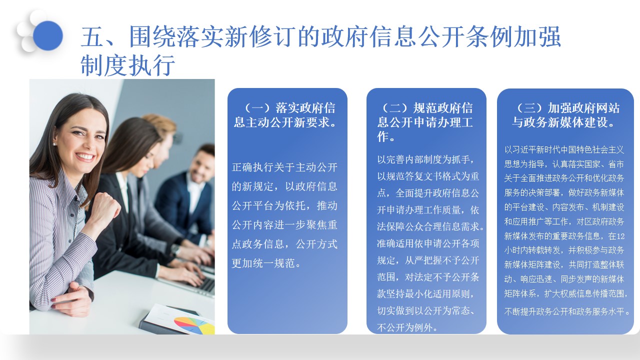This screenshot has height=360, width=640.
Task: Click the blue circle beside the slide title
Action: coord(48,35)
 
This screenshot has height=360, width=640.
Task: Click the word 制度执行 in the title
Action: coord(128,65)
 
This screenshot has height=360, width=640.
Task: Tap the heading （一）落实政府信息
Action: coord(287,108)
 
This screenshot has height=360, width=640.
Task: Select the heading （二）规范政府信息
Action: coord(426,108)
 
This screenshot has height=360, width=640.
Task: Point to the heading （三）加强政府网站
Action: coord(565,108)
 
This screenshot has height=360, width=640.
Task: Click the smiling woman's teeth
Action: coord(85,156)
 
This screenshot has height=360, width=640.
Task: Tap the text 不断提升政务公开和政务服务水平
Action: coord(567,311)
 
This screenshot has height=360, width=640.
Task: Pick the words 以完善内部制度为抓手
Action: coord(424,159)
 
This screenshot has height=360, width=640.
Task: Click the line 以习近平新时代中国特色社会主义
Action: coord(564,149)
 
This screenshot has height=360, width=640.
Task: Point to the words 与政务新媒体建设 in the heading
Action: coord(562,122)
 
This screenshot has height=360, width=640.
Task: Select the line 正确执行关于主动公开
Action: coord(284,168)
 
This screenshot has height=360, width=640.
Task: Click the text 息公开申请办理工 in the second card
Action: coord(425,122)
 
